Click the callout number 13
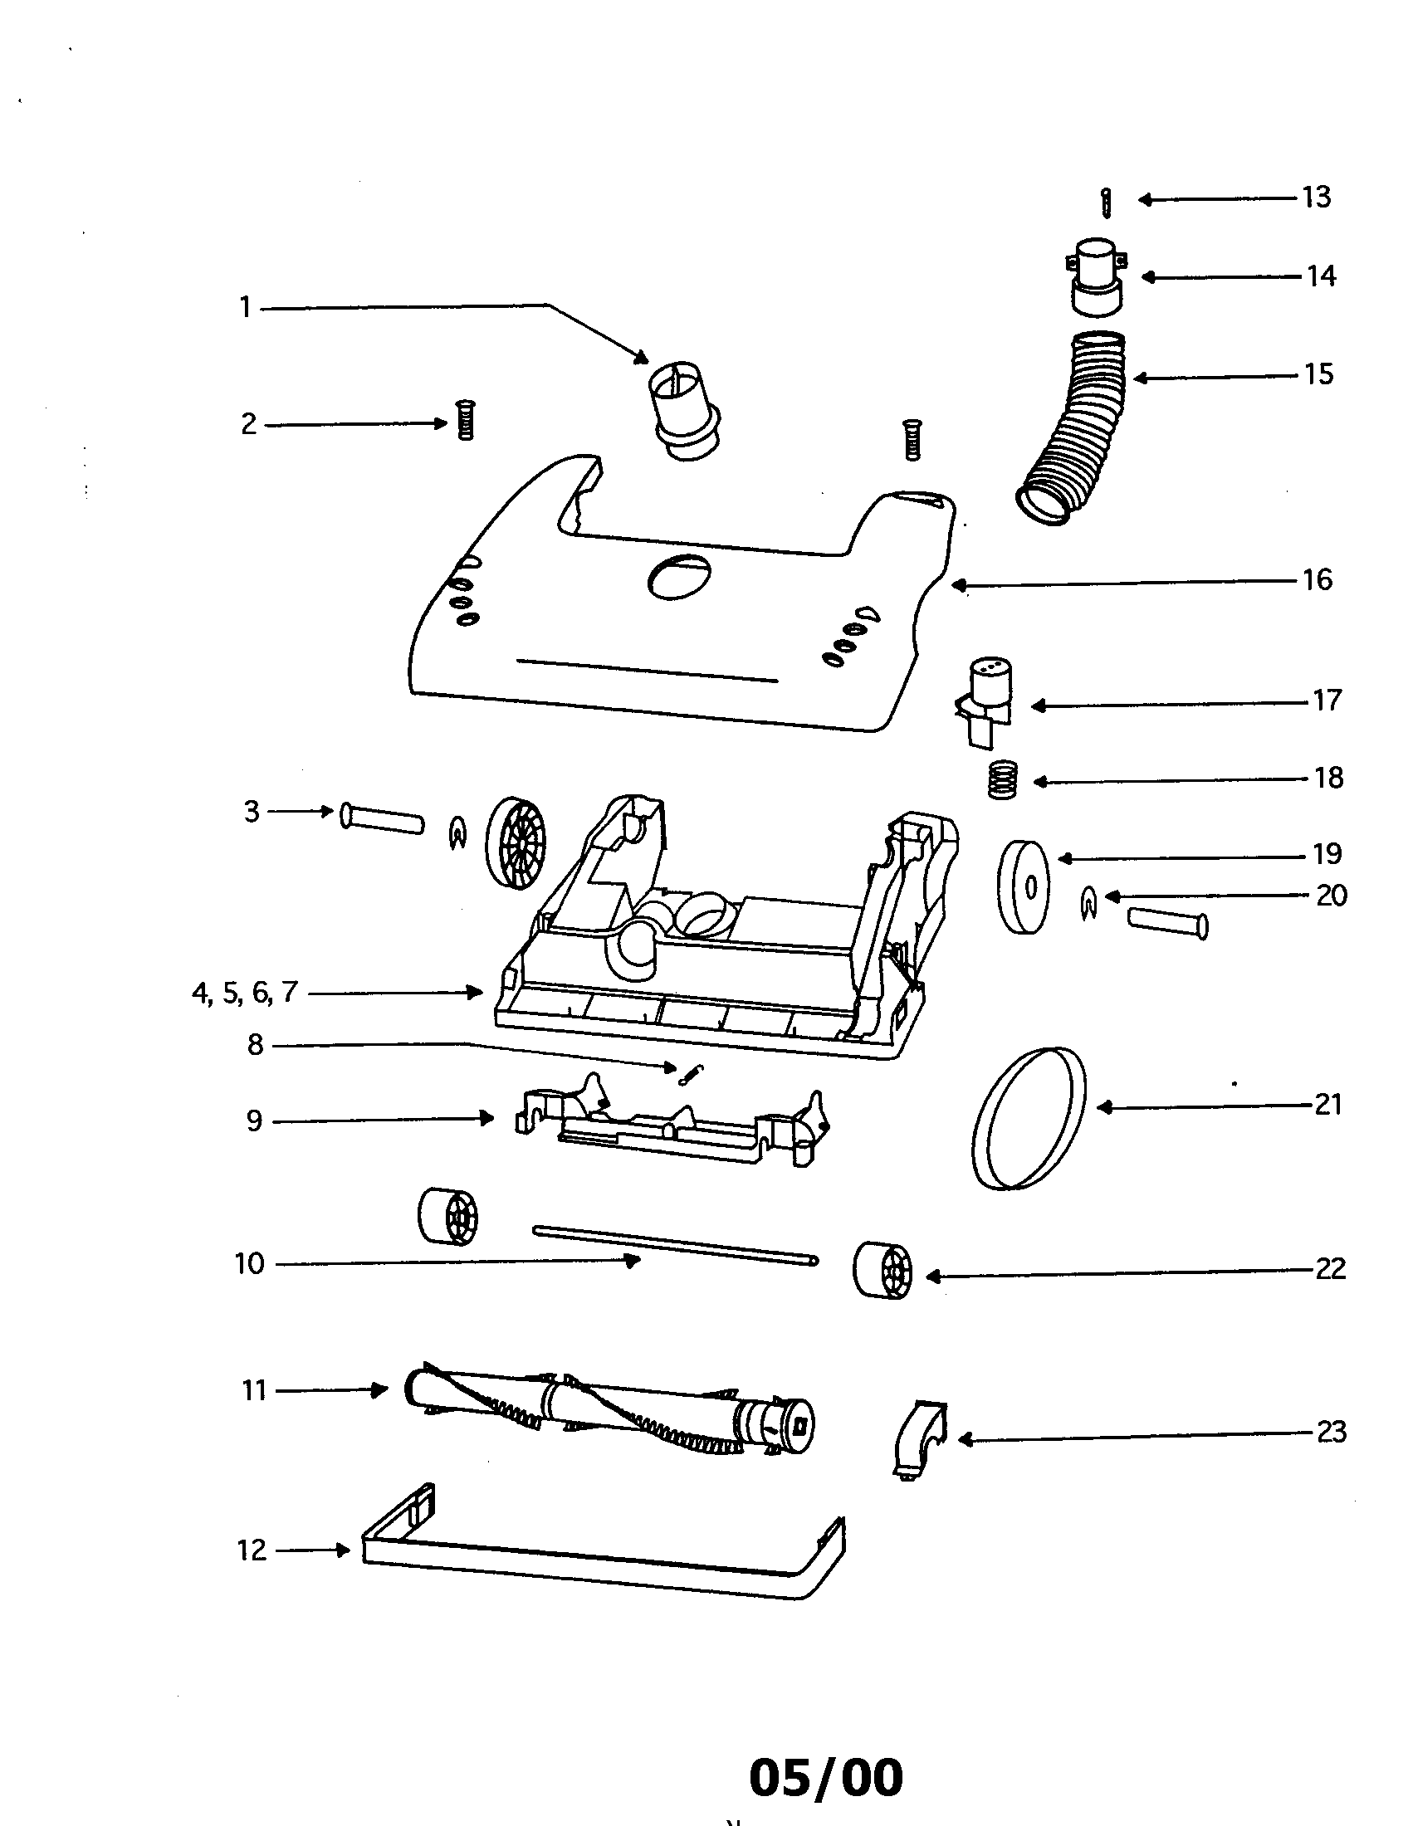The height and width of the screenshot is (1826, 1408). (x=1316, y=198)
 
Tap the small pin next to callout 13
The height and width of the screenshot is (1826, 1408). (x=1106, y=203)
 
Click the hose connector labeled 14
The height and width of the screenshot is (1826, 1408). (x=1097, y=276)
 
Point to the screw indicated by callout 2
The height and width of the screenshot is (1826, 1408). (x=466, y=421)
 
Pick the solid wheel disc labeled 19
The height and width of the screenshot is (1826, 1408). (x=1024, y=887)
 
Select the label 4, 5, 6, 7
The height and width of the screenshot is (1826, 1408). (x=244, y=993)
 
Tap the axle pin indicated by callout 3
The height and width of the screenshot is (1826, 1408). (x=381, y=818)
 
